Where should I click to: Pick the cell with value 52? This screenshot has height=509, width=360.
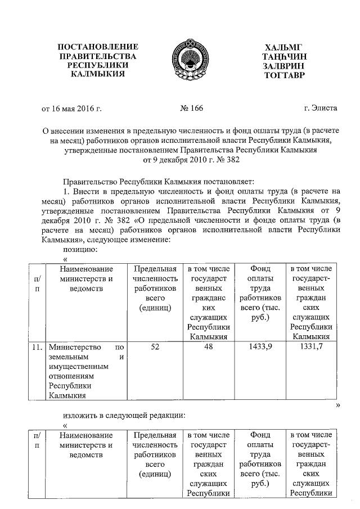point(155,347)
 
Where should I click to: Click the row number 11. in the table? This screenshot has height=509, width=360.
point(37,347)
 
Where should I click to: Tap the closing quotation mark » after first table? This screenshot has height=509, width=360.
point(338,405)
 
